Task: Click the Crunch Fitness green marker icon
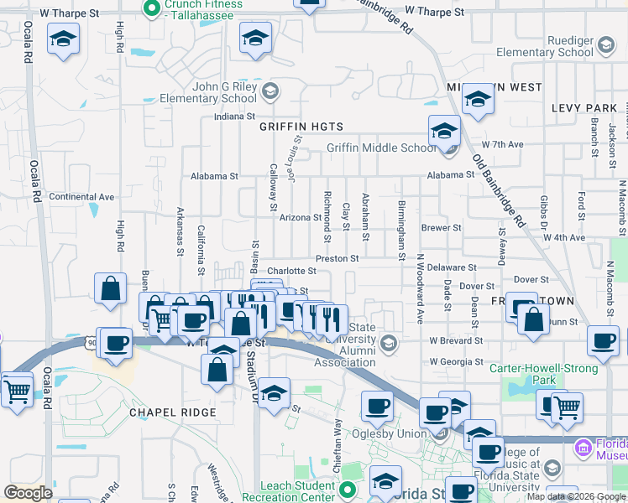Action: tap(152, 9)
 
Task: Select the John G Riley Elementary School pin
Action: tap(270, 90)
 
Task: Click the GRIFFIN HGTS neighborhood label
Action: tap(301, 127)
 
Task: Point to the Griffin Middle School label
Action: tap(381, 148)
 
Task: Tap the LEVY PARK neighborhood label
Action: tap(584, 108)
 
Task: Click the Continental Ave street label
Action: tap(81, 197)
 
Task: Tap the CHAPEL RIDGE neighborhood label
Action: tap(172, 412)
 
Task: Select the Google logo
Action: tap(29, 493)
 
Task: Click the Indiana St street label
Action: tap(234, 117)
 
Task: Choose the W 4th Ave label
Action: tap(563, 237)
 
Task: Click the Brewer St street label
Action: tap(442, 227)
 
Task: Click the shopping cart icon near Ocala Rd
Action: tap(16, 389)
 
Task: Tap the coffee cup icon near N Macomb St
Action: tap(603, 340)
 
